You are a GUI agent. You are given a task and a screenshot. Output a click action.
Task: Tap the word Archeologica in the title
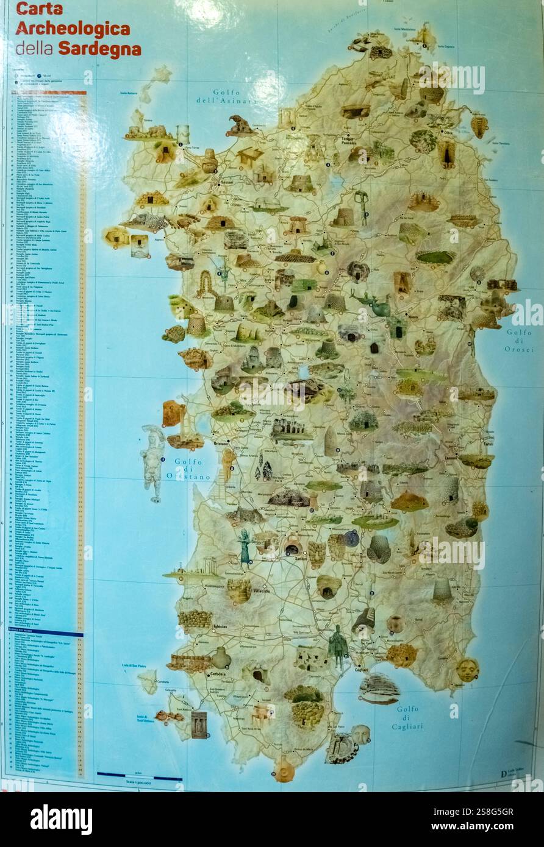pyautogui.click(x=73, y=29)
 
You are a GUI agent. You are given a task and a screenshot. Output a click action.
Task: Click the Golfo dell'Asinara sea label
pyautogui.click(x=226, y=96)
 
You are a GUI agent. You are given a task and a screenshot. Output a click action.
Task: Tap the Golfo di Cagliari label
pyautogui.click(x=409, y=717)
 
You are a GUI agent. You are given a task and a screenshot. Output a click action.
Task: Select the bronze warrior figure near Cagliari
pyautogui.click(x=337, y=647)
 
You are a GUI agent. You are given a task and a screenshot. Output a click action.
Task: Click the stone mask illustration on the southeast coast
pyautogui.click(x=467, y=670)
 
